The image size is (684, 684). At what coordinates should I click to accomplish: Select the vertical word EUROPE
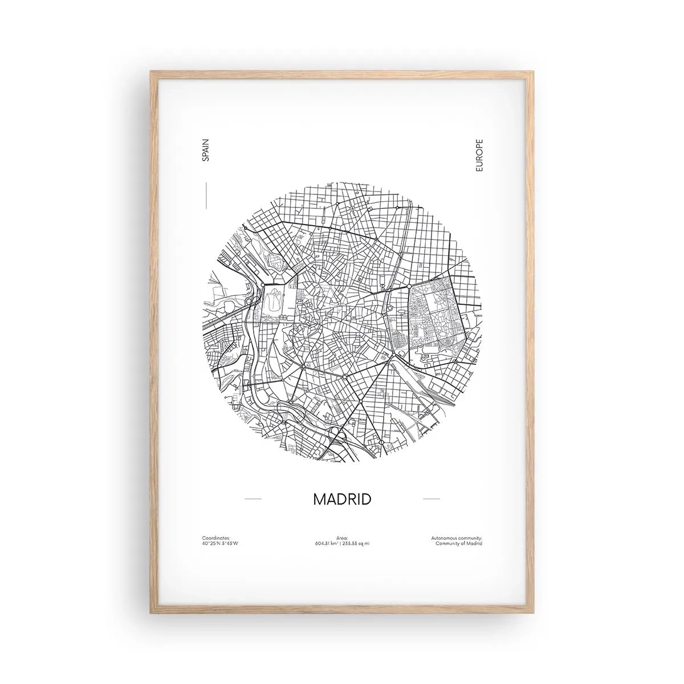click(478, 156)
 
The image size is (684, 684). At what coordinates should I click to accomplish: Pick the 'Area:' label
click(342, 538)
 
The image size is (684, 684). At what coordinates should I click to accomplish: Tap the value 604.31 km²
click(327, 543)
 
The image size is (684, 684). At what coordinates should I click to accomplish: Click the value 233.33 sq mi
click(356, 543)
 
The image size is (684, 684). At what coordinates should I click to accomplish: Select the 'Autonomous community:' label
click(458, 538)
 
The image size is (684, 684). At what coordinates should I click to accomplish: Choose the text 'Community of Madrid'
click(459, 543)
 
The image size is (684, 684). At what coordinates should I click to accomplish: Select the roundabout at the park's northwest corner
click(409, 285)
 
